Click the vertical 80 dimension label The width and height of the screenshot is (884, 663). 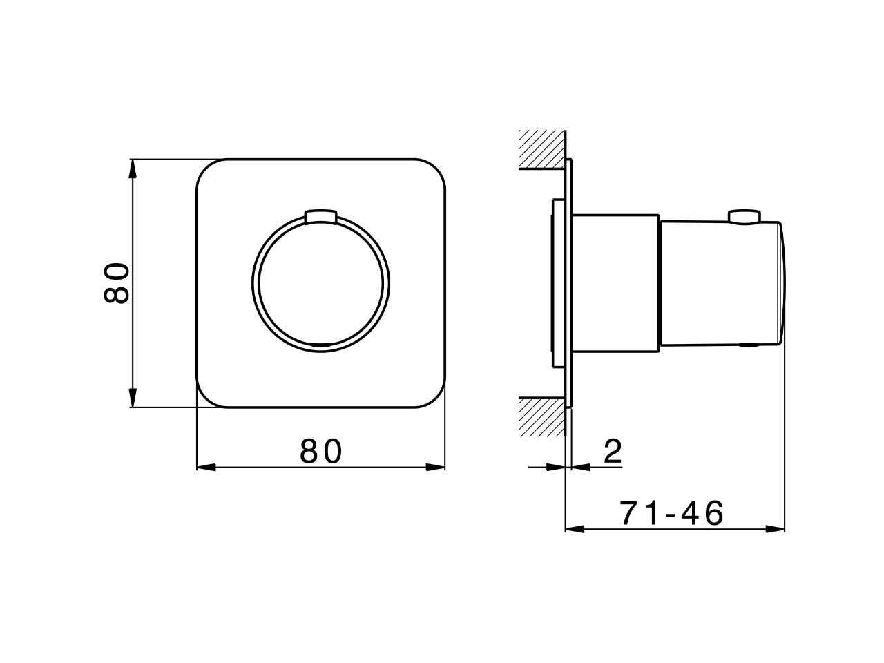click(x=117, y=283)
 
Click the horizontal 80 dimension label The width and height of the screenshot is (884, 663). click(x=321, y=452)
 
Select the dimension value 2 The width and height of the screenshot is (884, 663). click(x=613, y=452)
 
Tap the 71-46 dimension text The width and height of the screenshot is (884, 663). click(x=671, y=513)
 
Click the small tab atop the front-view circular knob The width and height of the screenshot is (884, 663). click(x=320, y=216)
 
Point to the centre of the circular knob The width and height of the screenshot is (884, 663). click(x=320, y=283)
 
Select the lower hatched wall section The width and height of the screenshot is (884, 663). click(x=542, y=417)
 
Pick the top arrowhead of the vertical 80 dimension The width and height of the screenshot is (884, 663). click(x=133, y=166)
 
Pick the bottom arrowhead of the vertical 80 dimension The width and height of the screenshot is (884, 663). click(x=133, y=400)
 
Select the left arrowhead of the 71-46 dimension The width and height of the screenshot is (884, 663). click(x=574, y=529)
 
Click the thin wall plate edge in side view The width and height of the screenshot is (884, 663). click(x=569, y=283)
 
